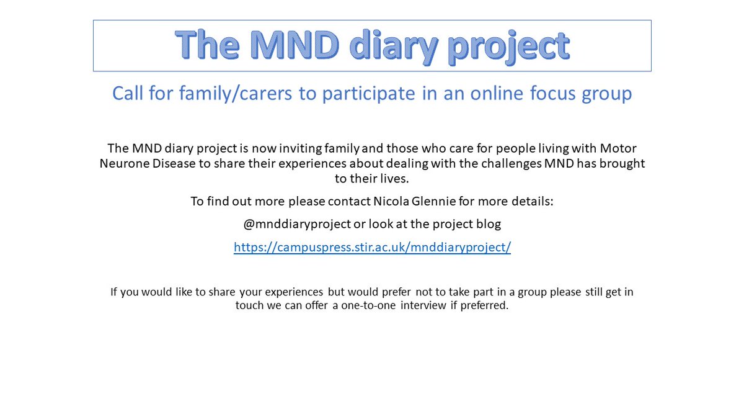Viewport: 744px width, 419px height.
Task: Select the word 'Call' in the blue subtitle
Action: coord(129,93)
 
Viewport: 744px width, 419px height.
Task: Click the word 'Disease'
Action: coord(172,163)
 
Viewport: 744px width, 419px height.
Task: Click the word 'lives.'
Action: coord(392,178)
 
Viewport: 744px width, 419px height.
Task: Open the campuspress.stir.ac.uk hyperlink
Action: coord(372,247)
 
